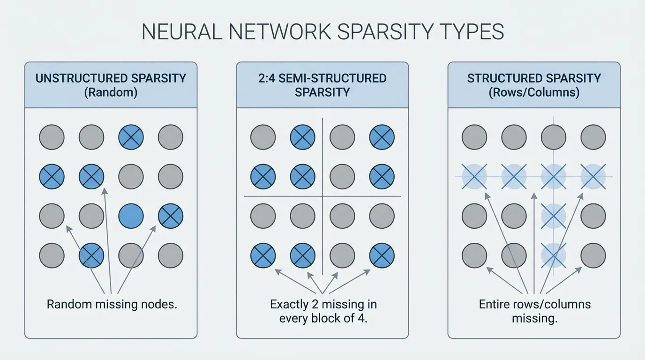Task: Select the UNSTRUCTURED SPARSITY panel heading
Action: (111, 78)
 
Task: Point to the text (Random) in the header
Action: (111, 92)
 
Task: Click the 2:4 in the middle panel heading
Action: (267, 78)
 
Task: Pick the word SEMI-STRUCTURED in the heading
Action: (332, 78)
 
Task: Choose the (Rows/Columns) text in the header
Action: (534, 92)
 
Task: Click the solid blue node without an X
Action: (131, 216)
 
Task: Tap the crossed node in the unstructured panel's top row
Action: (131, 137)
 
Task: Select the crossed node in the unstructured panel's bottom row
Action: (91, 255)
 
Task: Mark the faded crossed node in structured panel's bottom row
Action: (554, 255)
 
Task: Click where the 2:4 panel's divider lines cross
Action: (322, 196)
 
